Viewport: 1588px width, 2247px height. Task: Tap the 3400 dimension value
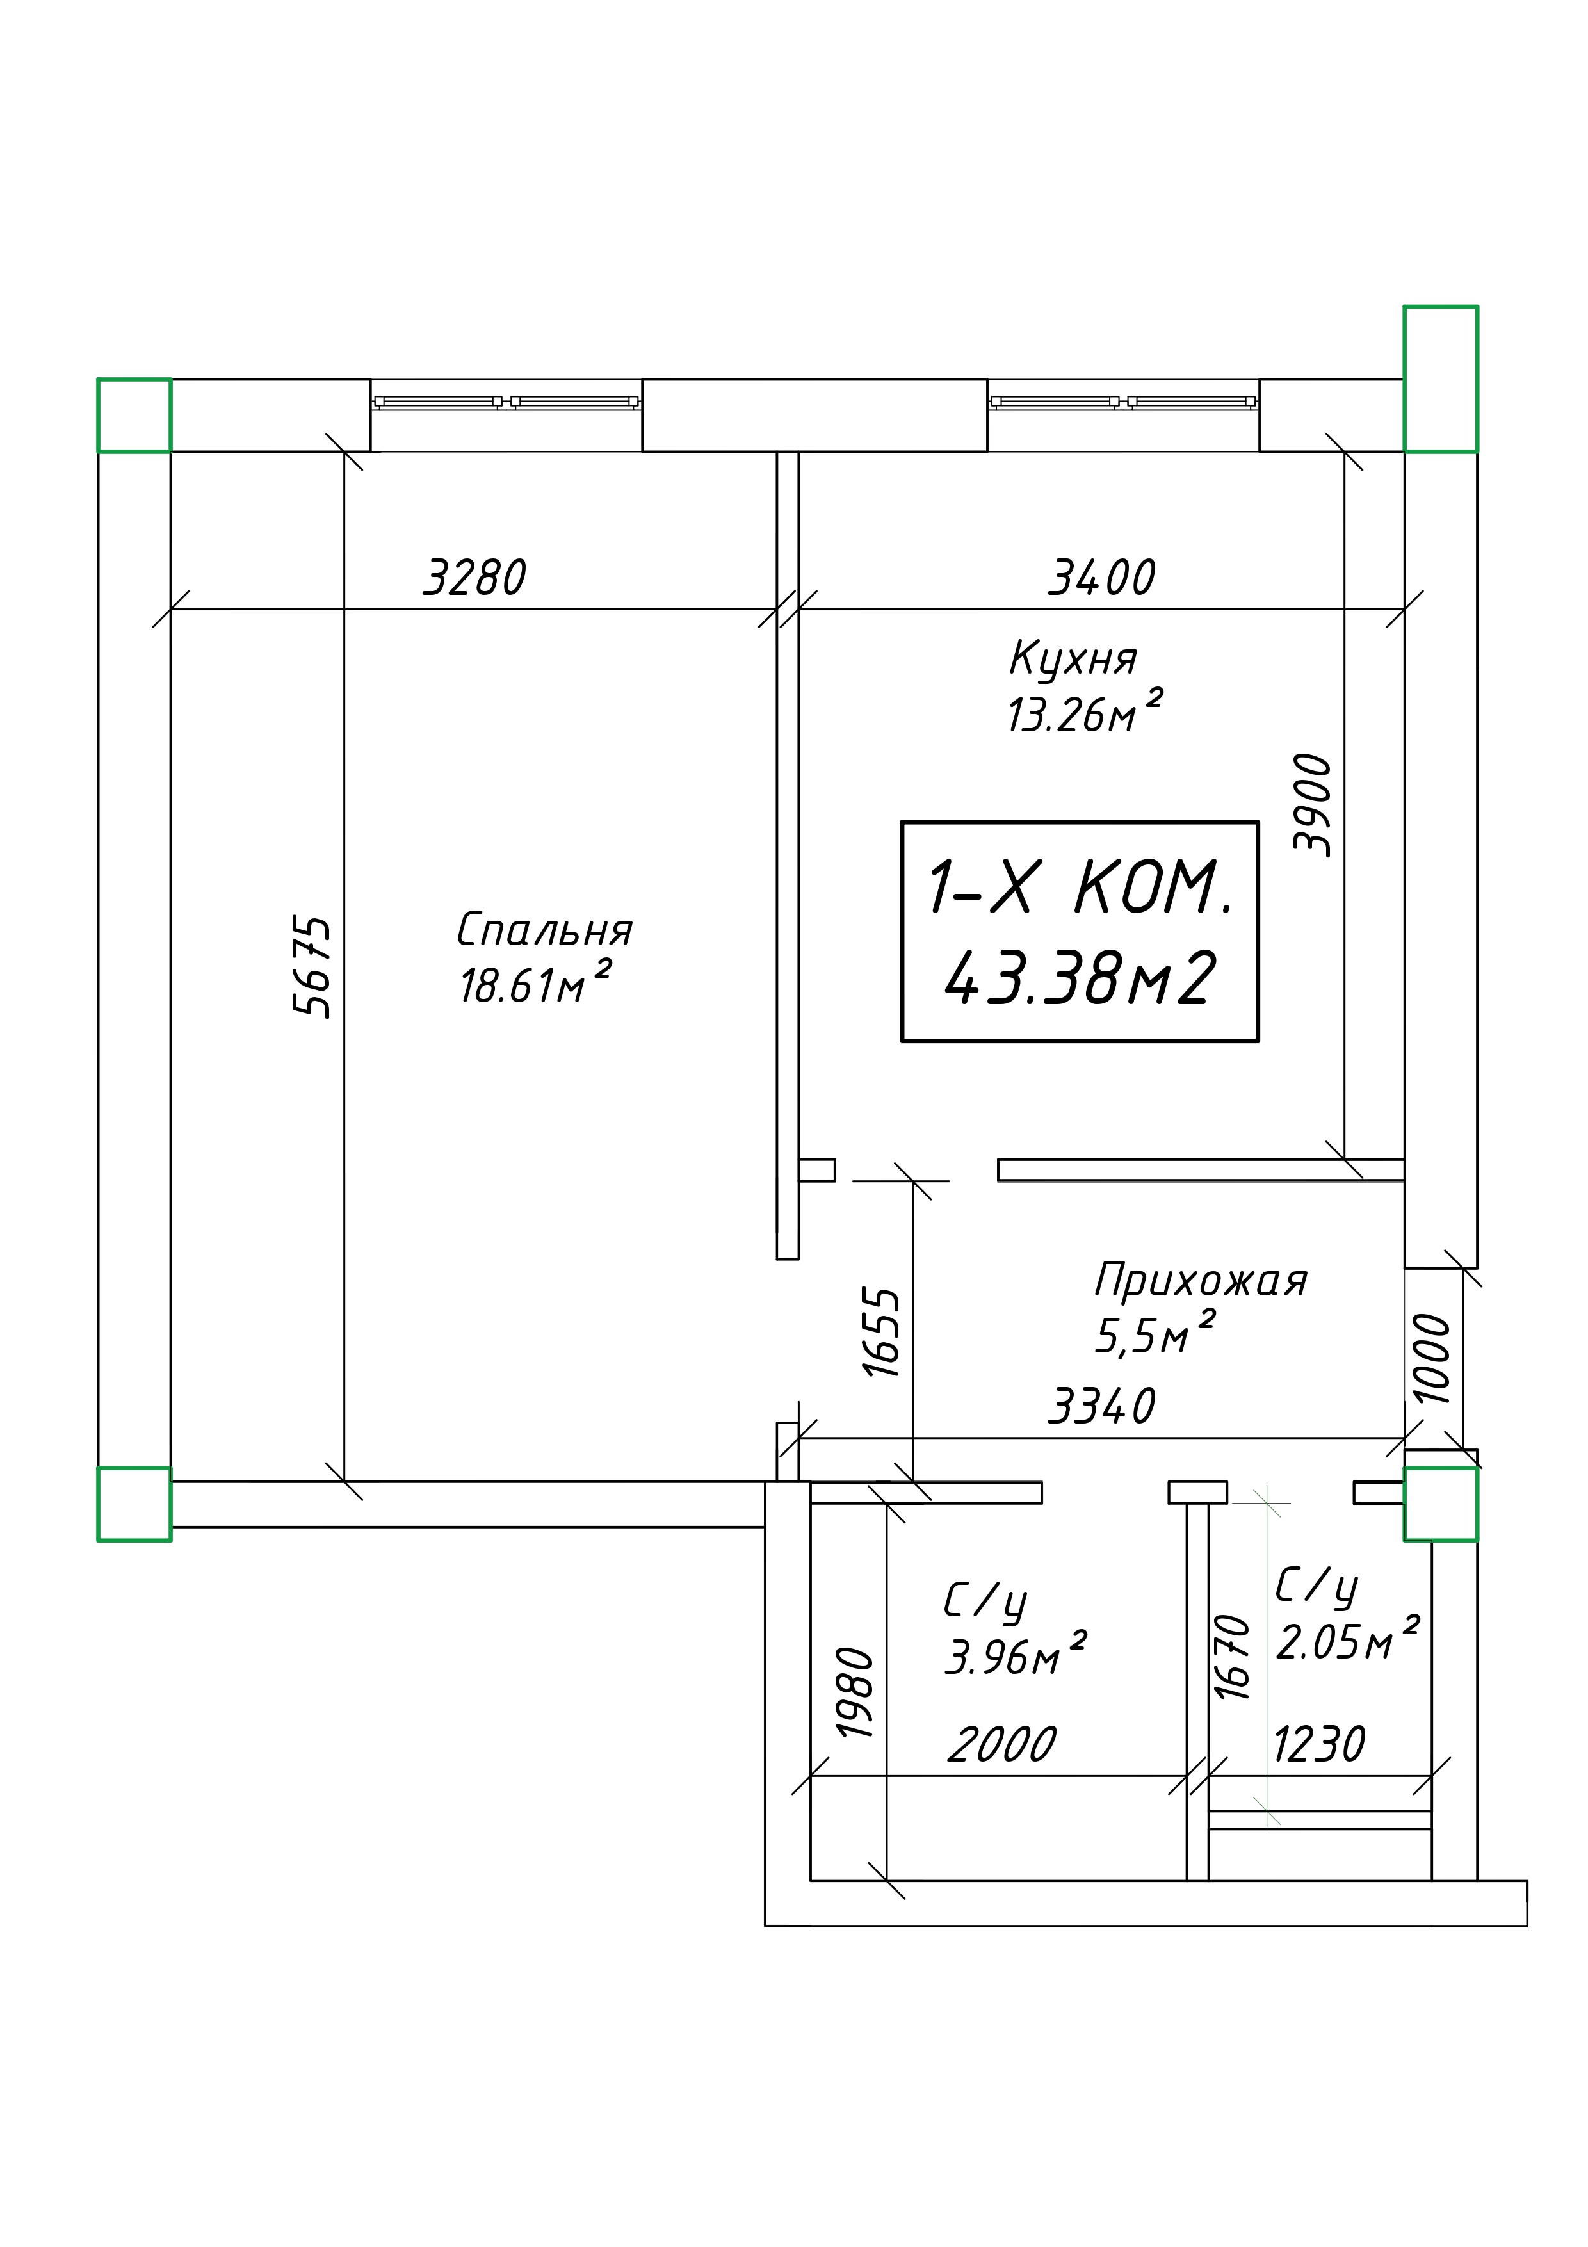click(x=1102, y=578)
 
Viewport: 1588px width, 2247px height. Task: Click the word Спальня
click(x=545, y=930)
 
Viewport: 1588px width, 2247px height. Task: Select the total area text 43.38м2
click(x=1080, y=978)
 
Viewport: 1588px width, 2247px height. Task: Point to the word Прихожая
click(x=1201, y=1280)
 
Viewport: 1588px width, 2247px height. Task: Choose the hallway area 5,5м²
click(x=1155, y=1333)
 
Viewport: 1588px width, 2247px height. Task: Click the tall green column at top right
click(x=1440, y=378)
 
